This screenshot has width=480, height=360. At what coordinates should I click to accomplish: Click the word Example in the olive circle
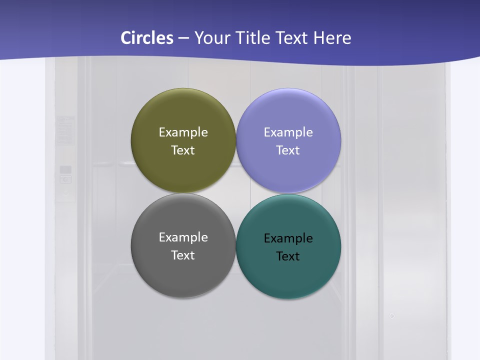click(183, 132)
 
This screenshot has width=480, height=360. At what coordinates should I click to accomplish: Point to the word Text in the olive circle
click(183, 150)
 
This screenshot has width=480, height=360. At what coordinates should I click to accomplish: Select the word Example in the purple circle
click(288, 132)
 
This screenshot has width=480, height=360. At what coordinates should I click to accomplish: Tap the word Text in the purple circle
click(288, 150)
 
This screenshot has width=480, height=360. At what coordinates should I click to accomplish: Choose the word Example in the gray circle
click(183, 237)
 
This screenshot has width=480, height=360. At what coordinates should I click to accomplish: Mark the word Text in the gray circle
click(183, 255)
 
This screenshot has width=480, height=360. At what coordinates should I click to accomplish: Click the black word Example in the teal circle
click(288, 238)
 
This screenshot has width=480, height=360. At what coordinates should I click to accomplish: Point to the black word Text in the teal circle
click(288, 256)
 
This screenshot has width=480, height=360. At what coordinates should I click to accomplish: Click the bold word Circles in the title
click(147, 38)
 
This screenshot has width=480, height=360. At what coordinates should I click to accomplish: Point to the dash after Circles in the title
click(183, 38)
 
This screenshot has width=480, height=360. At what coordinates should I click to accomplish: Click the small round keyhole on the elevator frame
click(392, 316)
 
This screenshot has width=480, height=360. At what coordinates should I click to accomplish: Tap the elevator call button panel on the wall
click(65, 174)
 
